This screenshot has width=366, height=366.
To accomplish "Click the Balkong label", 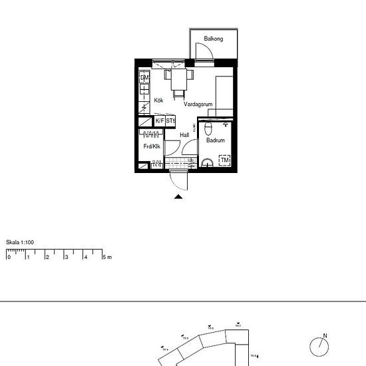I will (214, 39).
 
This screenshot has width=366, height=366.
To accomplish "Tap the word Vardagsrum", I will (198, 104).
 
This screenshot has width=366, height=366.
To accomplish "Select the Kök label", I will (158, 100).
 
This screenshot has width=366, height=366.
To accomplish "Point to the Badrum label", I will (215, 140).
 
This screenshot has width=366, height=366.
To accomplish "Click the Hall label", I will (184, 134).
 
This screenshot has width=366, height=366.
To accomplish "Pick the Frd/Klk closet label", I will (152, 146).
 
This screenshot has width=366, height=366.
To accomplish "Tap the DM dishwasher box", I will (144, 78).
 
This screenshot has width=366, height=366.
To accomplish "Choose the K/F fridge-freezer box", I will (160, 121).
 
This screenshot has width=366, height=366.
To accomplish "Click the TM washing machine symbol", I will (225, 161).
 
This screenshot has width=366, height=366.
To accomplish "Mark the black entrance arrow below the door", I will (178, 196).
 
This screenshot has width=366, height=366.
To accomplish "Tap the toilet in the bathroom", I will (208, 128).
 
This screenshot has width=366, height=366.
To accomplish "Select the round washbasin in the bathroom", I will (207, 162).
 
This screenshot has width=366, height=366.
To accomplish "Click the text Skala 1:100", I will (20, 242).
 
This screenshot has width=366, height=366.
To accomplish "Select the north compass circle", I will (319, 347).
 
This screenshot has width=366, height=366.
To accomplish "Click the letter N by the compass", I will (325, 336).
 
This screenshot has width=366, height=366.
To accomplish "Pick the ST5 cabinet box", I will (170, 121).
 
